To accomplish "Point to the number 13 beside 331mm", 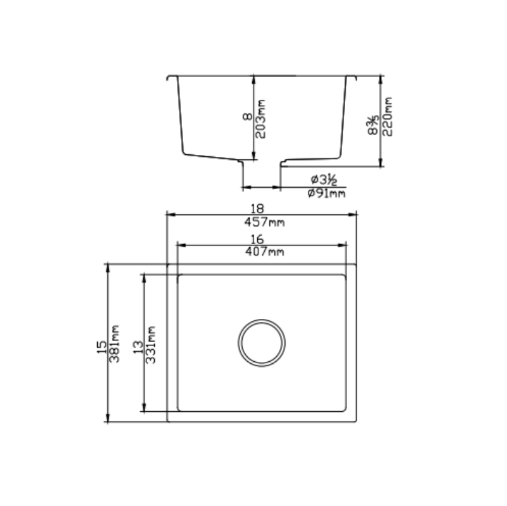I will click(x=138, y=346).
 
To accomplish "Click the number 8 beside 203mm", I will click(x=246, y=118).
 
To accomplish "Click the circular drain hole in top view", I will click(x=262, y=343).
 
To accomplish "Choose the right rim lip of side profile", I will click(x=351, y=76).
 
